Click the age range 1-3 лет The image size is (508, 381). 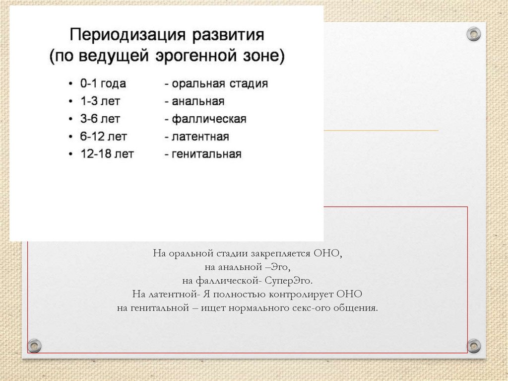pos(101,101)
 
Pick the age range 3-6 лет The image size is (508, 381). pos(101,119)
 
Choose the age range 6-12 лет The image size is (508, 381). pos(104,137)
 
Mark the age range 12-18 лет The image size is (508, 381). pos(107,154)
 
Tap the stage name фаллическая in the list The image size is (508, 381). pos(209,119)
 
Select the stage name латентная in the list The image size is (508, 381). pos(200,137)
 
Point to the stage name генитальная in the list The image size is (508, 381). pos(206,154)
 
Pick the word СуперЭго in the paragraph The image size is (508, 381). pos(288,281)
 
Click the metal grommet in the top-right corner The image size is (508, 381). pos(474,34)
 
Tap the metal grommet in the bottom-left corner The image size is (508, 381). pos(34,345)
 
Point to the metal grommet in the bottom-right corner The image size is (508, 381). pos(474,346)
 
